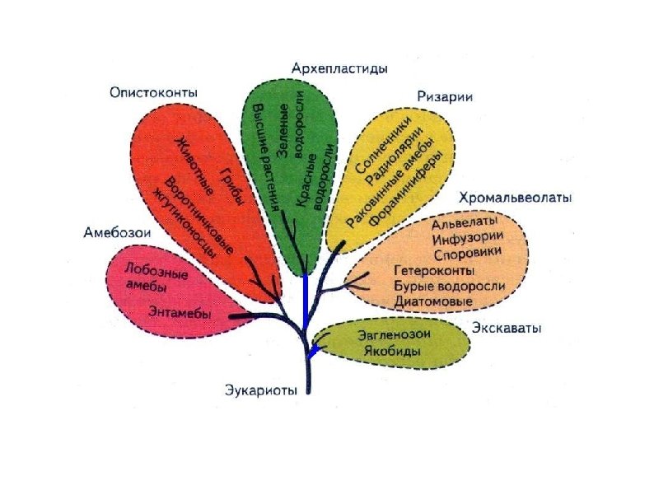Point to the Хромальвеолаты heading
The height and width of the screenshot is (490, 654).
tap(516, 198)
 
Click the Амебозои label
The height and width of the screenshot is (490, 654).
tap(118, 233)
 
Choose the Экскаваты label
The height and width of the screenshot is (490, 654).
tap(507, 329)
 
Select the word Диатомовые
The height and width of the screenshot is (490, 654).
tap(434, 301)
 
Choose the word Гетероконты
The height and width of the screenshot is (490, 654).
tap(434, 271)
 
